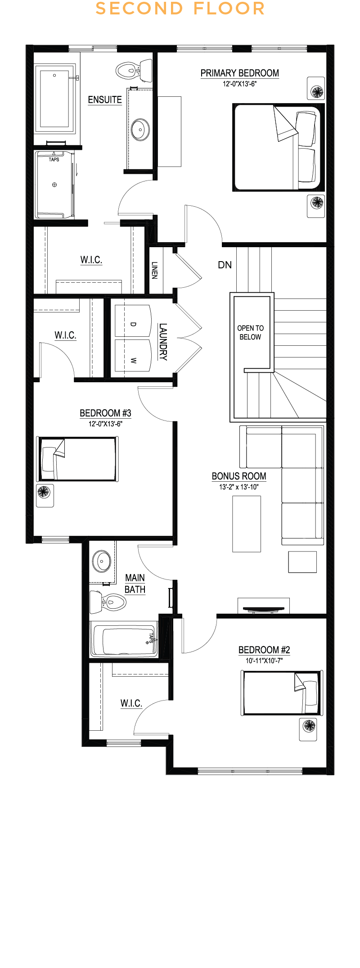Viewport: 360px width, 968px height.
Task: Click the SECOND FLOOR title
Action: pos(180,9)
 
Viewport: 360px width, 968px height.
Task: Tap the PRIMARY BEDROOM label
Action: pos(240,73)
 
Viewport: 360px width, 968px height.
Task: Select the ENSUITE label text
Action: pos(105,100)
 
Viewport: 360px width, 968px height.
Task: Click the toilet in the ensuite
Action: pos(134,71)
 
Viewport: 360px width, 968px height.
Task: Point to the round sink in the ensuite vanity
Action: pos(140,130)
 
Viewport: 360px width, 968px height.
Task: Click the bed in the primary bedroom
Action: pos(278,148)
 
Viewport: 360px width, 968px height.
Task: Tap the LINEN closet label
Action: pos(154,270)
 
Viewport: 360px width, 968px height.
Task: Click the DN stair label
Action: pos(225,265)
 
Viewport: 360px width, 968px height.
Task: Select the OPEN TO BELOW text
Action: pos(251,332)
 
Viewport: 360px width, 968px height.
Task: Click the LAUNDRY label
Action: pos(163,342)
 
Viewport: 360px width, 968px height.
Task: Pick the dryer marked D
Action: pos(133,321)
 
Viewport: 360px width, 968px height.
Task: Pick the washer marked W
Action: pos(133,356)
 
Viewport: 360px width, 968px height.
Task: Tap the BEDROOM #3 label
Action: pos(105,413)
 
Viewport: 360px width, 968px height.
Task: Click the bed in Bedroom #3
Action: pos(77,459)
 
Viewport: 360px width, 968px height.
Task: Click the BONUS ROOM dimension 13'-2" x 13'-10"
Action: pos(239,487)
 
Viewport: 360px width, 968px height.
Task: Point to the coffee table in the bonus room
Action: pos(247,524)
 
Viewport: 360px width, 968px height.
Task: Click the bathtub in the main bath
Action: pos(124,639)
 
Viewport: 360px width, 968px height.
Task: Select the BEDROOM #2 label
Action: pos(264,650)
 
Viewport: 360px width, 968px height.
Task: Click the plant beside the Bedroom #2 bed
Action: pos(309,725)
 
